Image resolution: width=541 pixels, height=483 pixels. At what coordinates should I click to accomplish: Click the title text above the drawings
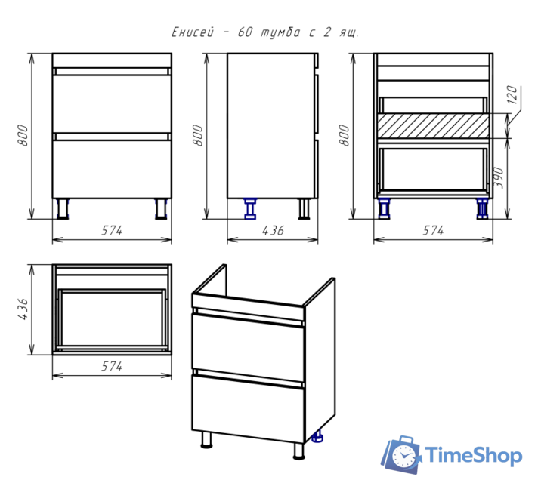[x=265, y=32]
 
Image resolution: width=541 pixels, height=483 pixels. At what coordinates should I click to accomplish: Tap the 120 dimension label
[x=513, y=95]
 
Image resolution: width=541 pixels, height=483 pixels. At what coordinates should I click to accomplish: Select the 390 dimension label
[x=499, y=178]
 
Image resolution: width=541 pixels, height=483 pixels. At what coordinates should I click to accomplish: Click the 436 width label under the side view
[x=273, y=230]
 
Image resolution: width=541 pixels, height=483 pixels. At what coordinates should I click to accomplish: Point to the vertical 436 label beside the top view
[x=23, y=309]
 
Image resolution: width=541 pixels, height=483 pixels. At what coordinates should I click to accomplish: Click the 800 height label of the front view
[x=23, y=135]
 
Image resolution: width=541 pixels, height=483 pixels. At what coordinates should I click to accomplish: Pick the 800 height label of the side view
[x=198, y=135]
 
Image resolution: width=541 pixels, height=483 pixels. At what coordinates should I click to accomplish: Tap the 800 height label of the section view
[x=344, y=135]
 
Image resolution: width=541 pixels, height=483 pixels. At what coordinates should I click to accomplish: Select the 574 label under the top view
[x=111, y=366]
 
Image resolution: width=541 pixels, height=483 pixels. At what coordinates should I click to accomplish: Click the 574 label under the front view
[x=111, y=230]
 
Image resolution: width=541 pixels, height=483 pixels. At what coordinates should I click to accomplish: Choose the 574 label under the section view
[x=433, y=230]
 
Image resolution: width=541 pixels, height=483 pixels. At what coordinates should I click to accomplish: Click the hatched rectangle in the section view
[x=433, y=126]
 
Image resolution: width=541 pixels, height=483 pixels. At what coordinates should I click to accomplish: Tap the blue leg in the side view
[x=250, y=209]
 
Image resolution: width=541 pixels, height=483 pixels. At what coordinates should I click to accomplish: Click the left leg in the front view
[x=63, y=209]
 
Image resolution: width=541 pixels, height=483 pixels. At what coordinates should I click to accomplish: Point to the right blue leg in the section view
[x=482, y=209]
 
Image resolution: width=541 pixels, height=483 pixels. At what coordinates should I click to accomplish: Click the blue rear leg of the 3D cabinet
[x=317, y=436]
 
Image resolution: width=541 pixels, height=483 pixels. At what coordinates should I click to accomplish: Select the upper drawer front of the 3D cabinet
[x=248, y=348]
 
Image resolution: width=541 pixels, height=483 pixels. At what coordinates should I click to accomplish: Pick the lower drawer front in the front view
[x=112, y=169]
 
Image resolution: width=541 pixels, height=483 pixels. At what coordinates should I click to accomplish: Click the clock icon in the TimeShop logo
[x=403, y=455]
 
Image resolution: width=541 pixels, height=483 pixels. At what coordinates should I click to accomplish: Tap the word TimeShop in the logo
[x=473, y=455]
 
